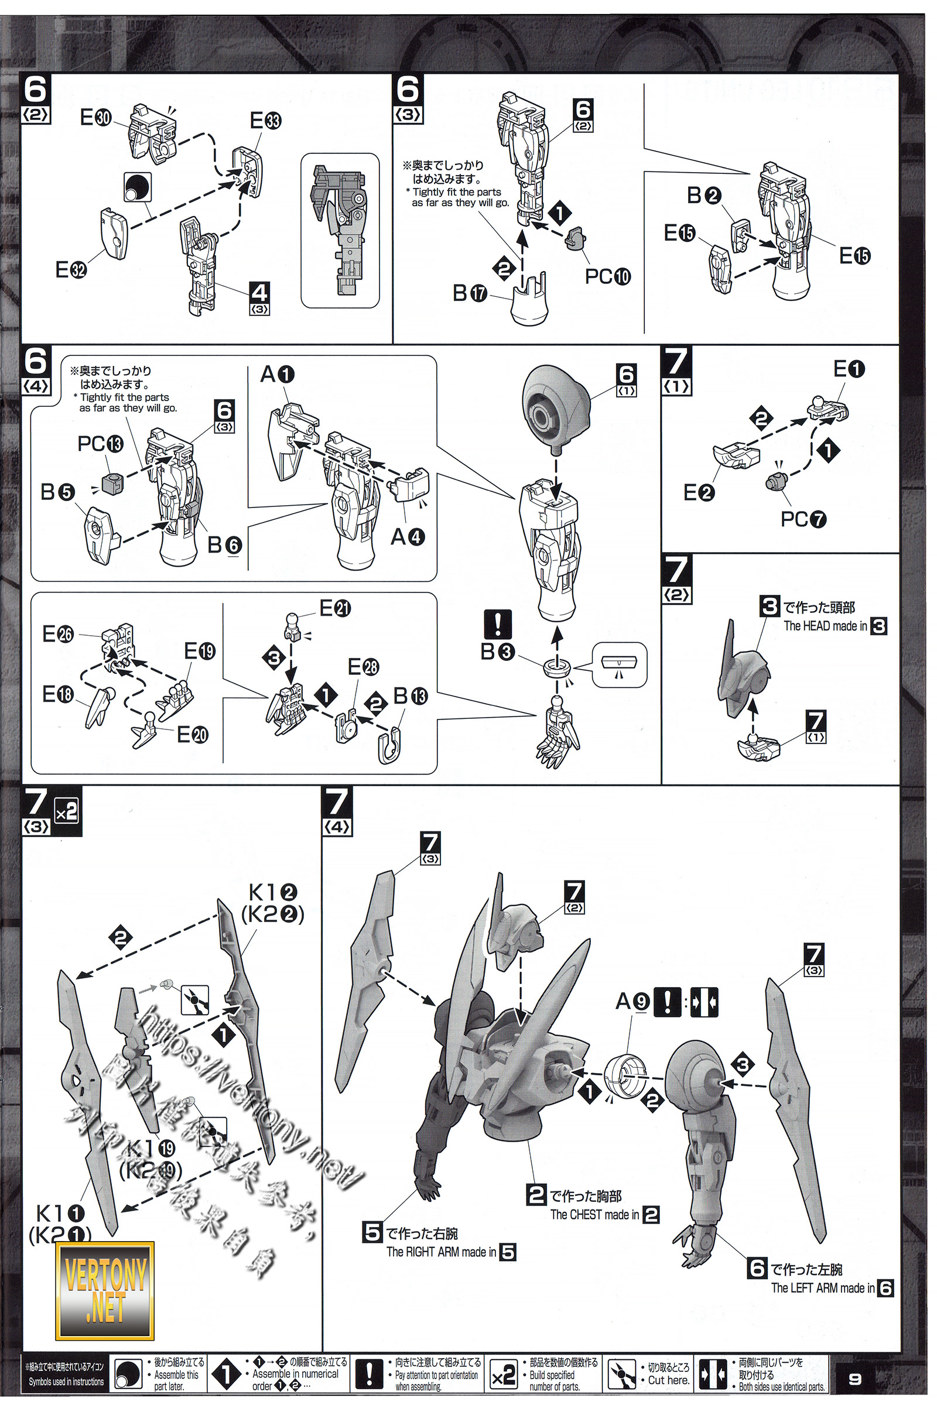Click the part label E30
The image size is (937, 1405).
tap(95, 118)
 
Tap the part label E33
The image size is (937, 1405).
tap(265, 121)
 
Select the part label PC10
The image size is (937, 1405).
tap(607, 276)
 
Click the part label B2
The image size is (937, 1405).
tap(704, 196)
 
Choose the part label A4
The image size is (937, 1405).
tap(408, 537)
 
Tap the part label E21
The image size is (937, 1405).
tap(334, 608)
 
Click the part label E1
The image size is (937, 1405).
tap(849, 369)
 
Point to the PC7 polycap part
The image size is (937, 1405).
tap(775, 479)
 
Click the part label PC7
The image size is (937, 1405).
tap(803, 519)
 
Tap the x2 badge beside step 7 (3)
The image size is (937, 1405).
tap(66, 812)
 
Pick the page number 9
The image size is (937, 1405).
tap(855, 1379)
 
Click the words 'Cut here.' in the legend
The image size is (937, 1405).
tap(668, 1380)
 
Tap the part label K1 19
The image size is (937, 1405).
tap(151, 1148)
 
